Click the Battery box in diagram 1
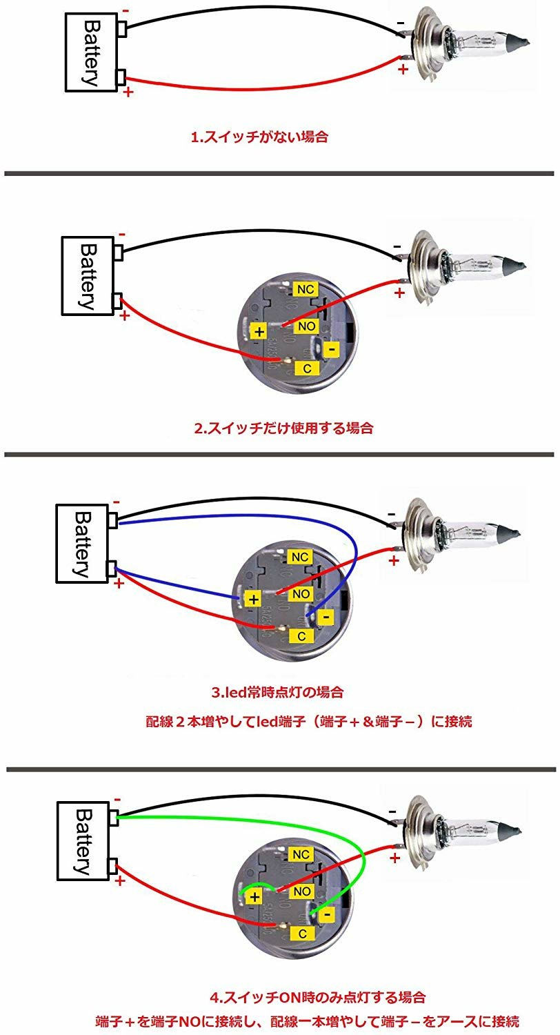tap(91, 52)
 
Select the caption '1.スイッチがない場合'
tap(259, 137)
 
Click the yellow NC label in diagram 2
tap(303, 287)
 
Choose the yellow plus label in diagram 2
tap(259, 332)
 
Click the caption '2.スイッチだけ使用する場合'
tap(283, 428)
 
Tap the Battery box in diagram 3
tap(82, 544)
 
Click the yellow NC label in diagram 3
tap(300, 556)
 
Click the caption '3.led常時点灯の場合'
tap(277, 691)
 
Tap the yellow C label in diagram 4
tap(302, 934)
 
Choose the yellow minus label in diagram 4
tap(326, 915)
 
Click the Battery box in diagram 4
tap(83, 841)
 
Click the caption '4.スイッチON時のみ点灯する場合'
tap(317, 997)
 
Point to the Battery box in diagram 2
tap(87, 275)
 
